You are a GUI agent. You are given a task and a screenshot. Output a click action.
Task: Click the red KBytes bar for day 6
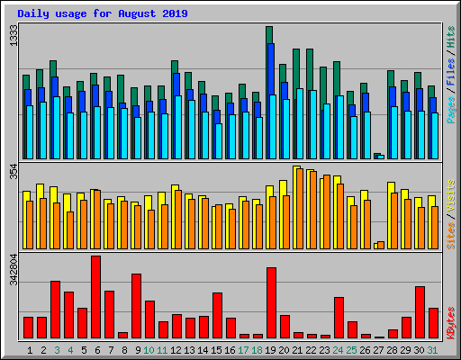[x=95, y=297]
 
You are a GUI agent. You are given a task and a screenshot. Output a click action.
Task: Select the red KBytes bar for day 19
[x=271, y=302]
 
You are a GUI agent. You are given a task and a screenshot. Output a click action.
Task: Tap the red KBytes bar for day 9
[x=136, y=306]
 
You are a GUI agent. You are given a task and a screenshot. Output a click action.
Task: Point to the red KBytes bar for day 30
[x=420, y=312]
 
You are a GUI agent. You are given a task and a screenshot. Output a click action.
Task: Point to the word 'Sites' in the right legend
[x=450, y=232]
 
